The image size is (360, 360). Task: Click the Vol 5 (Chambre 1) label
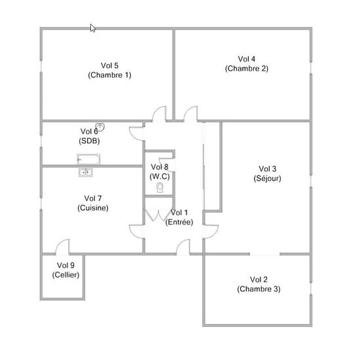109,70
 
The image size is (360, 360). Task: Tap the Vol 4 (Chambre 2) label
247,63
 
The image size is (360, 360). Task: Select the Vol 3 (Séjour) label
268,173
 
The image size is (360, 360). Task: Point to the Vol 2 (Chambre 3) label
259,284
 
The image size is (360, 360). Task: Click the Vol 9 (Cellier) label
65,270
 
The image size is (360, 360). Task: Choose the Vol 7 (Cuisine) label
93,203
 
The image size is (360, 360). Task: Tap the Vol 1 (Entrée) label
179,217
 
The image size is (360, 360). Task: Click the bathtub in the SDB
88,159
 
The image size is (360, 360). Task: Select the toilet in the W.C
160,188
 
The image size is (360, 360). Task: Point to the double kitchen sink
86,172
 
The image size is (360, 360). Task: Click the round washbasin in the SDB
100,126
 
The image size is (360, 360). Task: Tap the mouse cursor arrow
93,28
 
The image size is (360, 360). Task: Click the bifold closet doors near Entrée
158,215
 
